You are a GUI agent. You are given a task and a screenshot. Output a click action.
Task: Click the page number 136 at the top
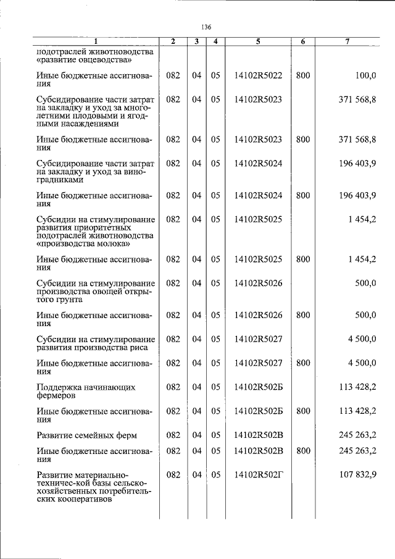[206, 27]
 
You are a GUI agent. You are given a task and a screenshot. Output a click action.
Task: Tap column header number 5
[258, 41]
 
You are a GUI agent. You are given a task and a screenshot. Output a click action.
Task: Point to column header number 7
[348, 41]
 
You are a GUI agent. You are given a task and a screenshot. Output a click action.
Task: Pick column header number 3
[196, 41]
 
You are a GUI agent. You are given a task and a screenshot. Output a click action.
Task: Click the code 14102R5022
[258, 75]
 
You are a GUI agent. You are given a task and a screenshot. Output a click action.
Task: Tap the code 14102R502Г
[258, 474]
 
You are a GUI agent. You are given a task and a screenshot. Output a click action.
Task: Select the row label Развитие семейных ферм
[86, 435]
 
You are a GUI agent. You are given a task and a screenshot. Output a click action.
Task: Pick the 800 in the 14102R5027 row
[302, 363]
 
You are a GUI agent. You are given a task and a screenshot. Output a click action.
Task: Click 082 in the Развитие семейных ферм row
[173, 435]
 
